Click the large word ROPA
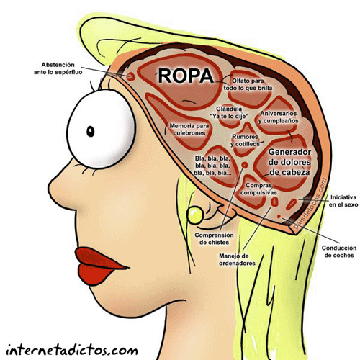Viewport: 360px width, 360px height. (x=186, y=76)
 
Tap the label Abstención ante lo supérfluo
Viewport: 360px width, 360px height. (x=58, y=68)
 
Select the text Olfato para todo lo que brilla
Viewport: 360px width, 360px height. (x=248, y=84)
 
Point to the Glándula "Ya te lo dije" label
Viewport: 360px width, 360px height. (x=229, y=112)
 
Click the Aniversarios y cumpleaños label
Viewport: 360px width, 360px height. (x=279, y=117)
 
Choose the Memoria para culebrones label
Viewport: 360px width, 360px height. (x=189, y=130)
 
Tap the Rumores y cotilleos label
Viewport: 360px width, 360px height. (x=245, y=140)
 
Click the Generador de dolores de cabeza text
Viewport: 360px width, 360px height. (x=289, y=162)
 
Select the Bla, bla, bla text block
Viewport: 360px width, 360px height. (x=212, y=166)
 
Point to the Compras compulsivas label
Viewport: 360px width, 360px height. (x=258, y=189)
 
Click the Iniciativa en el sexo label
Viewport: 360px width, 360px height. (x=343, y=201)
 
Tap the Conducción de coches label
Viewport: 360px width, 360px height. (x=339, y=251)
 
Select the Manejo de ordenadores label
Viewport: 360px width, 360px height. (x=237, y=259)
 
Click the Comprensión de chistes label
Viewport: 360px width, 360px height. (x=214, y=238)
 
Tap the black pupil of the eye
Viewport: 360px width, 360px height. (x=91, y=131)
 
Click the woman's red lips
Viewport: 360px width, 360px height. (x=99, y=266)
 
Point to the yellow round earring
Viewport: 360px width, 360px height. (x=195, y=215)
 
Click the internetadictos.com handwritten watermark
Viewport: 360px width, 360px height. (x=72, y=350)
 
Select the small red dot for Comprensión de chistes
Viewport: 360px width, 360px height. (x=245, y=165)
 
